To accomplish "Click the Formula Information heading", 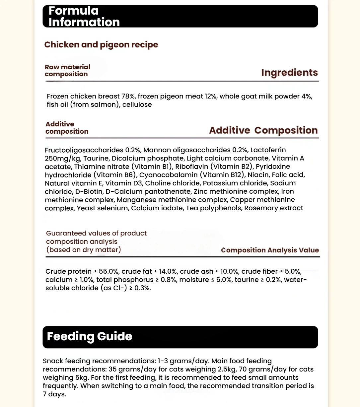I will coord(84,16).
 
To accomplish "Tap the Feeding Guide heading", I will coord(90,336).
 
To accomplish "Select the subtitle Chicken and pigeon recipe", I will coord(101,45).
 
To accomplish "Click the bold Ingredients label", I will coord(289,73).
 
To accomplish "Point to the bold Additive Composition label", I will coord(263,130).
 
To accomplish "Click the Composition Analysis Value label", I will coord(270,250).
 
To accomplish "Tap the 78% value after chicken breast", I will coord(128,96).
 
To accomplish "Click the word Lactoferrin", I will coord(268,150).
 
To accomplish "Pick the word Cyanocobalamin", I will coord(168,175).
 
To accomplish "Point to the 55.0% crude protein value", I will coord(108,271).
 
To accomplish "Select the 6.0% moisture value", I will coord(224,280).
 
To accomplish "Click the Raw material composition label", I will coord(67,70).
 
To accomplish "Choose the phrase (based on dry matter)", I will coord(84,250).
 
